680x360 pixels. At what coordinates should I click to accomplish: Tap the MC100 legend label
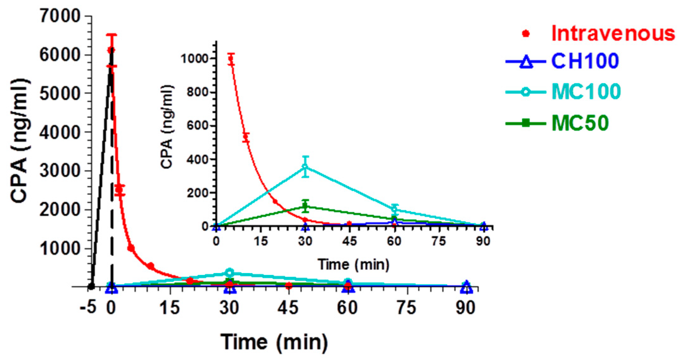pyautogui.click(x=586, y=91)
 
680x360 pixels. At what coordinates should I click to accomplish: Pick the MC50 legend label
pyautogui.click(x=580, y=123)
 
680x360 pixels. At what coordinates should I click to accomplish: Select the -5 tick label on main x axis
pyautogui.click(x=88, y=308)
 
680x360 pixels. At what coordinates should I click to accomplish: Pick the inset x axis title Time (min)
pyautogui.click(x=353, y=264)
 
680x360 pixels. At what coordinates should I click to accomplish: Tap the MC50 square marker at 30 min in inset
pyautogui.click(x=305, y=206)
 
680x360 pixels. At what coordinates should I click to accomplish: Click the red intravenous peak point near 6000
pyautogui.click(x=111, y=50)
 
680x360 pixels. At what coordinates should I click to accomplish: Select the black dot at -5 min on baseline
pyautogui.click(x=91, y=286)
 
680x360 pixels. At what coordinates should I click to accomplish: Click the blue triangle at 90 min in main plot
pyautogui.click(x=467, y=287)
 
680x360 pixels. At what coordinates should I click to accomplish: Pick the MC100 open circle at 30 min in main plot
pyautogui.click(x=230, y=272)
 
